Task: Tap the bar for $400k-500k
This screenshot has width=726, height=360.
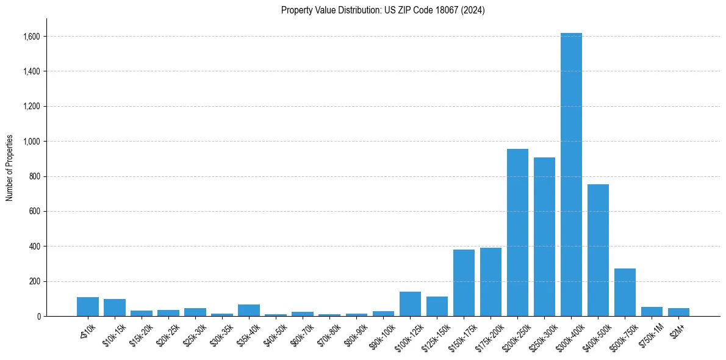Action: click(598, 250)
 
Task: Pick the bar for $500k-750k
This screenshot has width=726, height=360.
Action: click(625, 292)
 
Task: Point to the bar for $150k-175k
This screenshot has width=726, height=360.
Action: click(464, 283)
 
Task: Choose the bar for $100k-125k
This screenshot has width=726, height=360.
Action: click(410, 304)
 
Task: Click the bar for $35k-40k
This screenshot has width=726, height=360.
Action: click(249, 310)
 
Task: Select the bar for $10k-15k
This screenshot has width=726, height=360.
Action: click(115, 308)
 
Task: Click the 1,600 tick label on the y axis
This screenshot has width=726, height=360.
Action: click(32, 37)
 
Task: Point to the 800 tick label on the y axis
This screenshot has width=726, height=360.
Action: click(35, 177)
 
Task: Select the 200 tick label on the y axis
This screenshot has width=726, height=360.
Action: click(35, 282)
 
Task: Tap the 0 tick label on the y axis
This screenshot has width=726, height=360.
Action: click(38, 317)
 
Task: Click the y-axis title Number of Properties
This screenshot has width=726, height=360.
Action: click(10, 168)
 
